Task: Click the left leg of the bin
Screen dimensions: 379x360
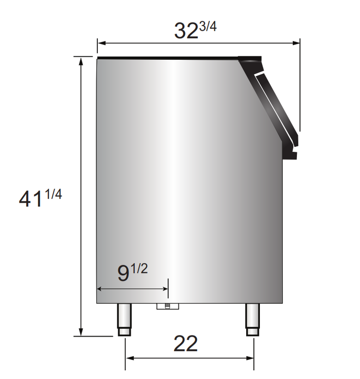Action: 124,319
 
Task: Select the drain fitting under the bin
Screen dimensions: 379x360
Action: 168,307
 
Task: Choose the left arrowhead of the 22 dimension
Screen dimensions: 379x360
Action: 129,358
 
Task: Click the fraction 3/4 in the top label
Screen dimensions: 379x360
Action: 208,27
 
